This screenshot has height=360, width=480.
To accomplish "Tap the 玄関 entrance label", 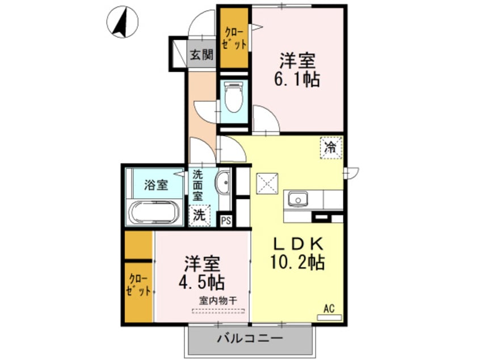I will tap(201, 55).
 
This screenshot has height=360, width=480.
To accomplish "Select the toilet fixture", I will tap(233, 98).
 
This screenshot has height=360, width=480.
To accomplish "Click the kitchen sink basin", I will tap(297, 199).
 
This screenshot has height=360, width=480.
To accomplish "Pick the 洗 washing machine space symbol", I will tap(199, 215).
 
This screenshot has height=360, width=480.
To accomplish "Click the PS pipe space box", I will tap(226, 220).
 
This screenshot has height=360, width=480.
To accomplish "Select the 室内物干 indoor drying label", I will tap(218, 300).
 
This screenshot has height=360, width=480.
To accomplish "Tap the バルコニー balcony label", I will tap(250, 338).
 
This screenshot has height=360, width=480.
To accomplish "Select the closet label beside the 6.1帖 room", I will tap(234, 37).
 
